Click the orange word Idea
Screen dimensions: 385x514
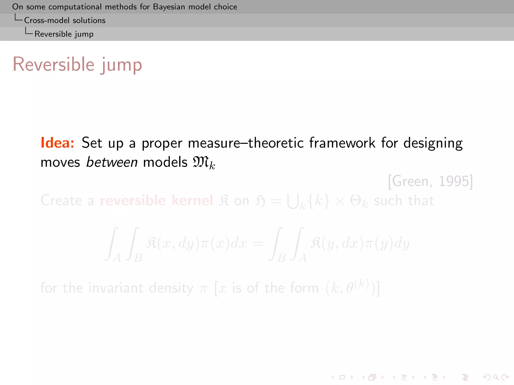click(x=57, y=143)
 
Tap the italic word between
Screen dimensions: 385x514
click(x=112, y=162)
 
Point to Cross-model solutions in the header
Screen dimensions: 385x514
click(x=65, y=20)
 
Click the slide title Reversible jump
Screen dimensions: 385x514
click(x=77, y=64)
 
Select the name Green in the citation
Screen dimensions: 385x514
click(x=410, y=181)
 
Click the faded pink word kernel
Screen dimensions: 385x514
click(x=192, y=200)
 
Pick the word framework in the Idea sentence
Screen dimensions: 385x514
click(x=342, y=143)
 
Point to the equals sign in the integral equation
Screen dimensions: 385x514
click(x=258, y=243)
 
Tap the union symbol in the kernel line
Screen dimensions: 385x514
click(x=293, y=201)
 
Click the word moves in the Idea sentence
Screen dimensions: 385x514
click(x=60, y=162)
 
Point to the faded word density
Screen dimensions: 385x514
click(x=171, y=288)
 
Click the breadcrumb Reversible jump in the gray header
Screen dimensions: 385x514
click(x=64, y=34)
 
